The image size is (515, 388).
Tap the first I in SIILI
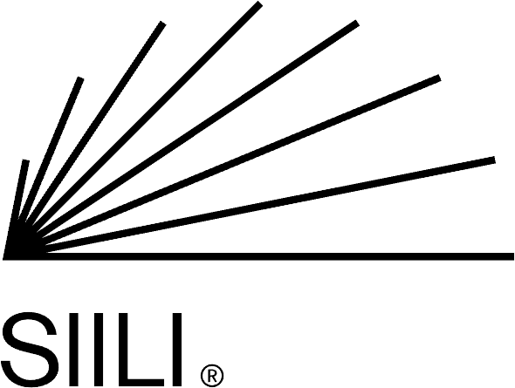tap(74, 350)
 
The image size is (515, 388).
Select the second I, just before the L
tap(99, 350)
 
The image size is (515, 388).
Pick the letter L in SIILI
tap(141, 350)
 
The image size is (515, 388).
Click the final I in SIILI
tap(177, 350)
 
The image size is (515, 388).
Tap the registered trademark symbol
tap(212, 376)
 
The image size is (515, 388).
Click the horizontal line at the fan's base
tap(258, 256)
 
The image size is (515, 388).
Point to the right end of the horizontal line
tap(513, 256)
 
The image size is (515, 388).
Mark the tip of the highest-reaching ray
tap(259, 3)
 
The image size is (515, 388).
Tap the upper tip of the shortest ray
tap(25, 160)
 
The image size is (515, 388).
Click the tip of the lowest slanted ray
tap(494, 160)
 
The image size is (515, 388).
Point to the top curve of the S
tap(31, 315)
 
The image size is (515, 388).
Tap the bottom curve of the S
tap(30, 384)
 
